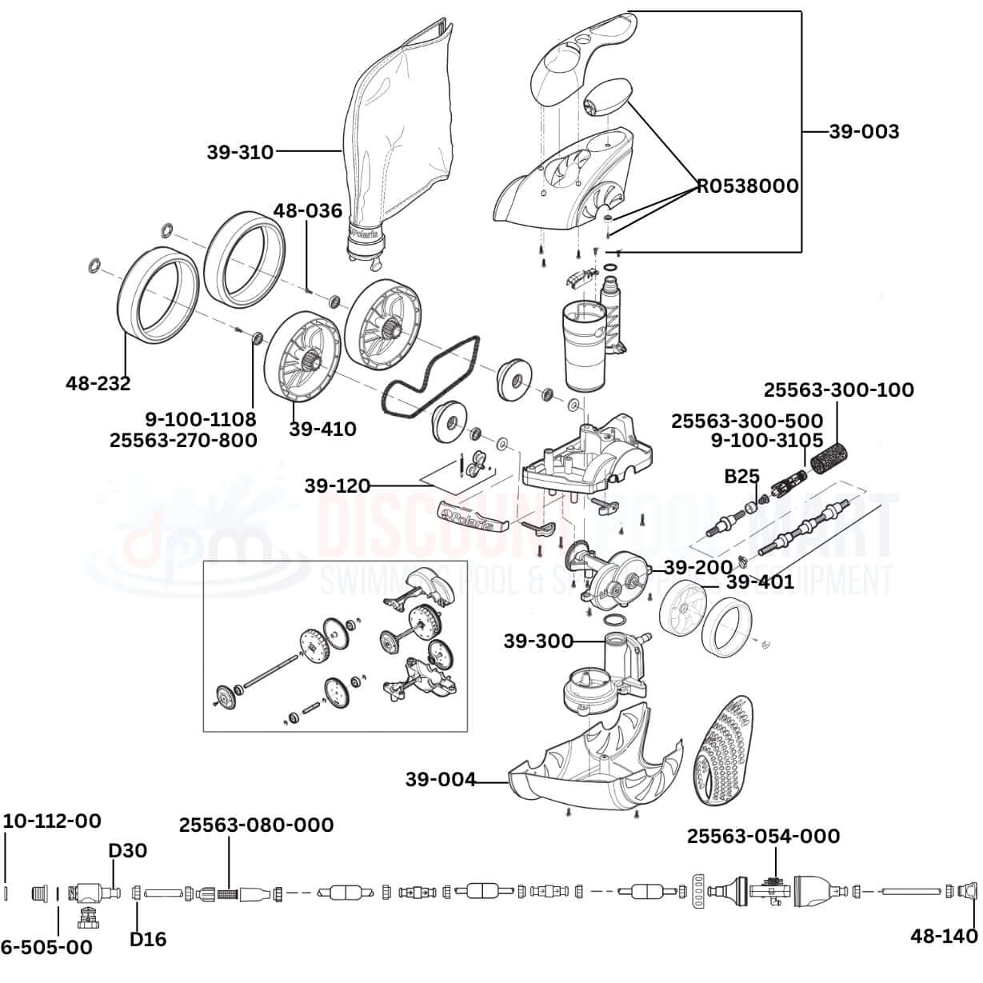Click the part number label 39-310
[240, 151]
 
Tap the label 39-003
[863, 132]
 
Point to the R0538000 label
[747, 186]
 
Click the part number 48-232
[98, 383]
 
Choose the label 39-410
[322, 429]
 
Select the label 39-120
[337, 486]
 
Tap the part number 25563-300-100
[838, 390]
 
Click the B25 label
[741, 477]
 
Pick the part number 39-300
[538, 641]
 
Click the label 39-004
[441, 779]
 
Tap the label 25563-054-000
[763, 836]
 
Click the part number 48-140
[944, 937]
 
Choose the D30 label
[127, 850]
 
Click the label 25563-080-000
[256, 825]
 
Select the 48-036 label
[307, 211]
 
